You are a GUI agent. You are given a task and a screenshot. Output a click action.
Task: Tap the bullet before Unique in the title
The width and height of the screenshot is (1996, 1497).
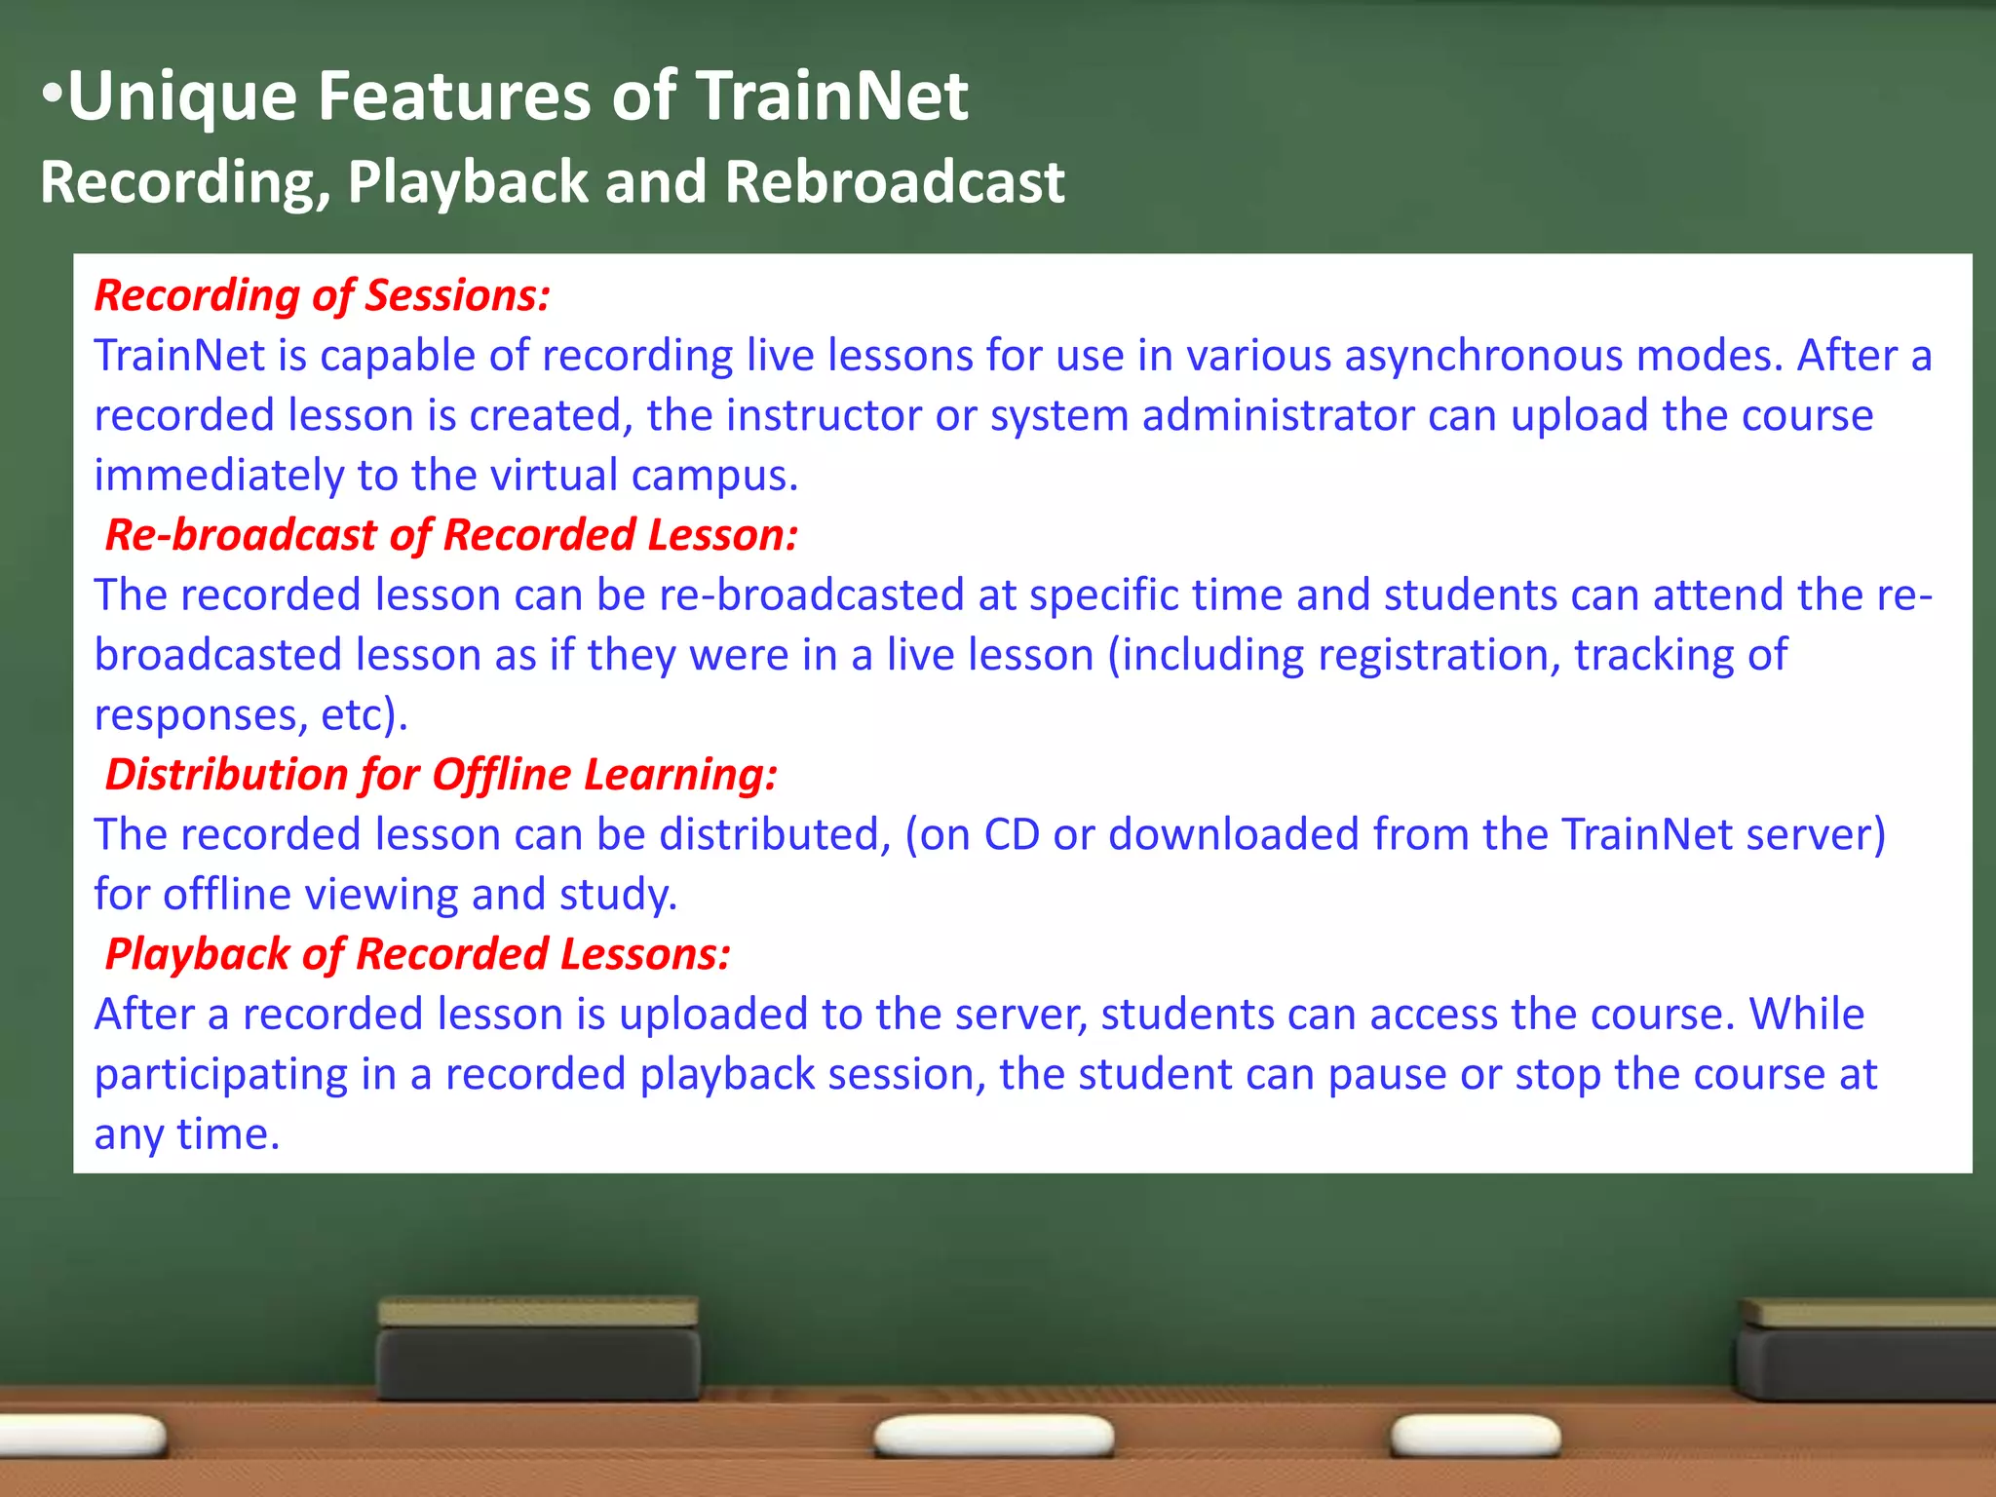(53, 96)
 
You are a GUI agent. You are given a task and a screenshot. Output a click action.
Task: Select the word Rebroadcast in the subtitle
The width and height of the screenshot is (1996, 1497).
(894, 182)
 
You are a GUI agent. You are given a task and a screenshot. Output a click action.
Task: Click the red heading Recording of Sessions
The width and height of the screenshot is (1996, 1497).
(323, 295)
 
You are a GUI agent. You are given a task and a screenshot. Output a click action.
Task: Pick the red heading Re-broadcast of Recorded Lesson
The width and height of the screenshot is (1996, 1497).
(451, 535)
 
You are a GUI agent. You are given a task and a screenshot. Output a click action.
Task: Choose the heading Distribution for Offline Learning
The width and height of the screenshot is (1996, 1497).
(441, 775)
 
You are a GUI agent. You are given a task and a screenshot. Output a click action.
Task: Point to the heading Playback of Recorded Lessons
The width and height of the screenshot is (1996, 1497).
(417, 954)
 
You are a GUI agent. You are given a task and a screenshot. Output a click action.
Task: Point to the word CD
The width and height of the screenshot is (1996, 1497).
(1012, 835)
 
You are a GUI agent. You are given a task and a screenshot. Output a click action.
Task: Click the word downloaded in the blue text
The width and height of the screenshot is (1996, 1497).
(1233, 835)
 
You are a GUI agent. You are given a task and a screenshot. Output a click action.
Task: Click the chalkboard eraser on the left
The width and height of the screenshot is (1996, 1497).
(538, 1350)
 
